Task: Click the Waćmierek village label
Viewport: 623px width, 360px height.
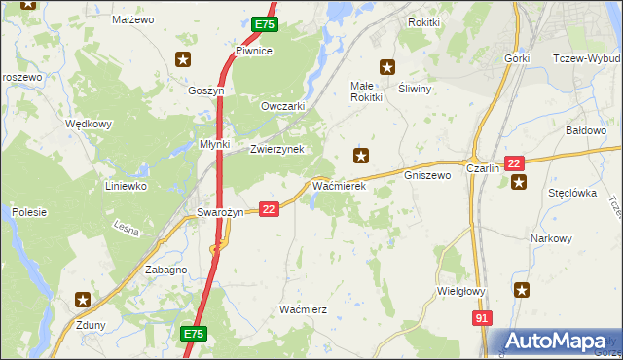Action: [338, 185]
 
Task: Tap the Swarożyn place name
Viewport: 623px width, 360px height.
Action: [218, 212]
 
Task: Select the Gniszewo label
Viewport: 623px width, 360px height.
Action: [426, 176]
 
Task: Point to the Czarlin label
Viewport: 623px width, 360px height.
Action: [483, 168]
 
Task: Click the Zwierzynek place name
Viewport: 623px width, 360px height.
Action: [277, 149]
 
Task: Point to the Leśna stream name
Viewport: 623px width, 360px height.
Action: [127, 231]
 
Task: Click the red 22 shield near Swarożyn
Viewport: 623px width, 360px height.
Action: [270, 209]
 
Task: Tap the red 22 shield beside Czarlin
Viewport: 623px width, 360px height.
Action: [515, 164]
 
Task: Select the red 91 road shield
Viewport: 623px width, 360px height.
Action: [482, 318]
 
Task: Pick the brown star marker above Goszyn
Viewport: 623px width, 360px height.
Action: [182, 60]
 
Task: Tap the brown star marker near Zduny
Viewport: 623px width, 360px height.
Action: [84, 301]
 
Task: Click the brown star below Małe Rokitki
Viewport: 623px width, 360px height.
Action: [361, 155]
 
